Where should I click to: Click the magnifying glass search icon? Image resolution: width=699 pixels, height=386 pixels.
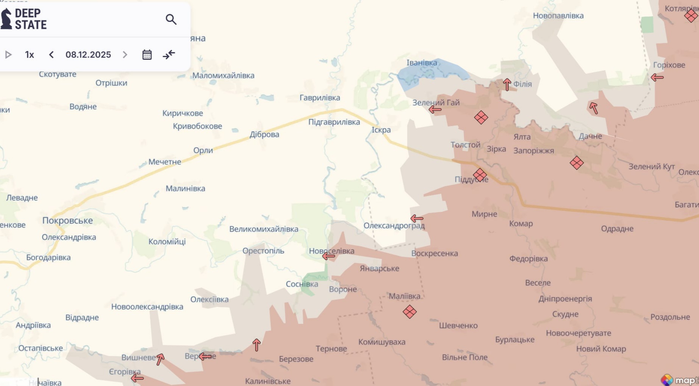point(171,19)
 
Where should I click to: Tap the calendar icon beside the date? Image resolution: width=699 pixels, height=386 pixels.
point(147,55)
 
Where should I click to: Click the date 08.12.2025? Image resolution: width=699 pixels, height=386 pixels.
point(88,55)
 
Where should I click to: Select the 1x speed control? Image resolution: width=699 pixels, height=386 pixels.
point(30,55)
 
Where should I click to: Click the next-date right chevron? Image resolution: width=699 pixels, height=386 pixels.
point(125,55)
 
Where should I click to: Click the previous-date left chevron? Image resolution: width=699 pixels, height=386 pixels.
point(51,55)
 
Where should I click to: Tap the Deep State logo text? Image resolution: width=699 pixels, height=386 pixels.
point(30,19)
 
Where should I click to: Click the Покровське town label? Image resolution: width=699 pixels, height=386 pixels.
point(67,221)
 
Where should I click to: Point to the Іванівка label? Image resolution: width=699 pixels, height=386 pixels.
point(421,63)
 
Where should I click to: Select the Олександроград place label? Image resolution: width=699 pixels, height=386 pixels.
point(394,226)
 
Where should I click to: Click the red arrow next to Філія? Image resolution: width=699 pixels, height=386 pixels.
point(507,84)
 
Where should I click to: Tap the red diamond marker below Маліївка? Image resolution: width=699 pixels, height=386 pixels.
point(409,312)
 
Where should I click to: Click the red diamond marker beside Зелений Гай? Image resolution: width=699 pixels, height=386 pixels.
point(481,118)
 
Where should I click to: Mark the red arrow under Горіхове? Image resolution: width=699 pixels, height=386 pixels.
point(657,78)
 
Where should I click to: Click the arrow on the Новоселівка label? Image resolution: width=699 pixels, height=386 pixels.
point(328,256)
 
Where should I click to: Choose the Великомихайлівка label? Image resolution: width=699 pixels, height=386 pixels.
point(264,229)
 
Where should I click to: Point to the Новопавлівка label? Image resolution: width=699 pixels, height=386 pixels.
point(558,16)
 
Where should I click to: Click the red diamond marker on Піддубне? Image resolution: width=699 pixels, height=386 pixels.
point(480,175)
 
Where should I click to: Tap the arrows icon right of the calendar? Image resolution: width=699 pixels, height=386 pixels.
point(169,55)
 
